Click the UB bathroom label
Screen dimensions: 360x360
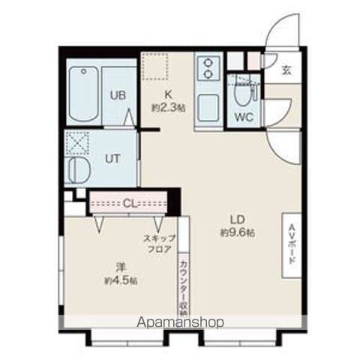pyautogui.click(x=118, y=95)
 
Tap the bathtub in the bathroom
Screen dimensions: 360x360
pyautogui.click(x=83, y=94)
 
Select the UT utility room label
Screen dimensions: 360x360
pyautogui.click(x=112, y=159)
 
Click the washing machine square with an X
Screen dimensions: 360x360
pyautogui.click(x=77, y=143)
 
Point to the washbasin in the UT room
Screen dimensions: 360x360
pyautogui.click(x=78, y=171)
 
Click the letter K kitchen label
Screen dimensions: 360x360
pyautogui.click(x=168, y=94)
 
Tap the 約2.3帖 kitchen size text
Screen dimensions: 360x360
pyautogui.click(x=168, y=108)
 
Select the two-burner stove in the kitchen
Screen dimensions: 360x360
pyautogui.click(x=208, y=67)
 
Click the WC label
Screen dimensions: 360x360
pyautogui.click(x=244, y=117)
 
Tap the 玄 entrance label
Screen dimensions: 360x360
pyautogui.click(x=286, y=70)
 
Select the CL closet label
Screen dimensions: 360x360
pyautogui.click(x=130, y=204)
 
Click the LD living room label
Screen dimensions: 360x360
pyautogui.click(x=238, y=220)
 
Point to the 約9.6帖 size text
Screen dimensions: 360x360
pyautogui.click(x=238, y=233)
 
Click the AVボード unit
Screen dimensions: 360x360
pyautogui.click(x=292, y=245)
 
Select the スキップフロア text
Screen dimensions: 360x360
pyautogui.click(x=160, y=244)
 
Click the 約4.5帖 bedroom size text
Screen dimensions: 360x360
pyautogui.click(x=121, y=280)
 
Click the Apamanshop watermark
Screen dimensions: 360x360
pyautogui.click(x=180, y=322)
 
